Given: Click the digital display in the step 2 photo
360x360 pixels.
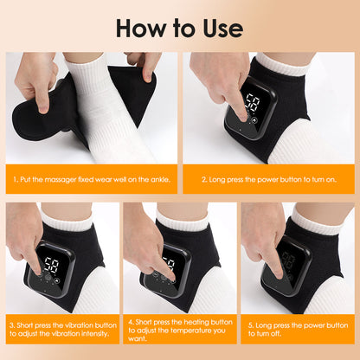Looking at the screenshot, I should pyautogui.click(x=253, y=106).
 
